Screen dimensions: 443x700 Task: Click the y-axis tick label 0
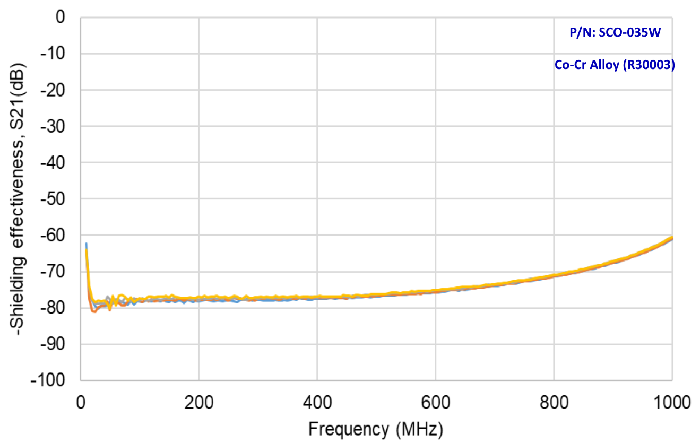coord(60,18)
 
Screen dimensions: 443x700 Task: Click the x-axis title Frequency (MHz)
coord(375,428)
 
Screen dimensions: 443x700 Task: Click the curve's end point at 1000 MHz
coord(672,237)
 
